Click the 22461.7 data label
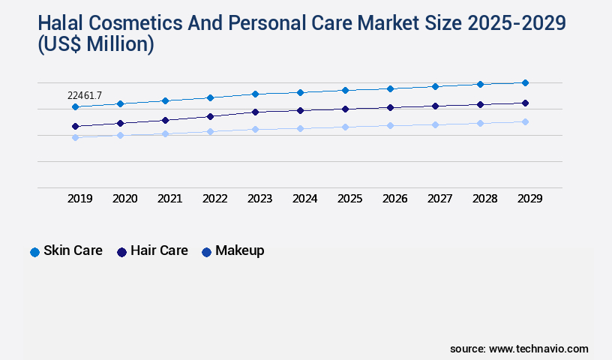(x=84, y=95)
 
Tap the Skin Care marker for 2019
(x=75, y=107)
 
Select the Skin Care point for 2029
(x=525, y=82)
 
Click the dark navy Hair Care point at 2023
(x=255, y=112)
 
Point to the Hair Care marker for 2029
(x=525, y=103)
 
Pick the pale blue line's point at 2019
(x=75, y=137)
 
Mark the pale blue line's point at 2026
(x=390, y=125)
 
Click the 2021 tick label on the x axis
(x=169, y=199)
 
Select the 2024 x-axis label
(x=304, y=199)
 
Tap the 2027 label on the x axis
(x=439, y=199)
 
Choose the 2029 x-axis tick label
(x=529, y=199)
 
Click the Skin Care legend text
(x=73, y=250)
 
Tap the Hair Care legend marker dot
(x=121, y=252)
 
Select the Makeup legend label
(x=239, y=250)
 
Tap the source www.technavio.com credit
(x=519, y=349)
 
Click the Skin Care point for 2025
(x=345, y=90)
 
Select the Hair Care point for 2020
(x=120, y=123)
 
